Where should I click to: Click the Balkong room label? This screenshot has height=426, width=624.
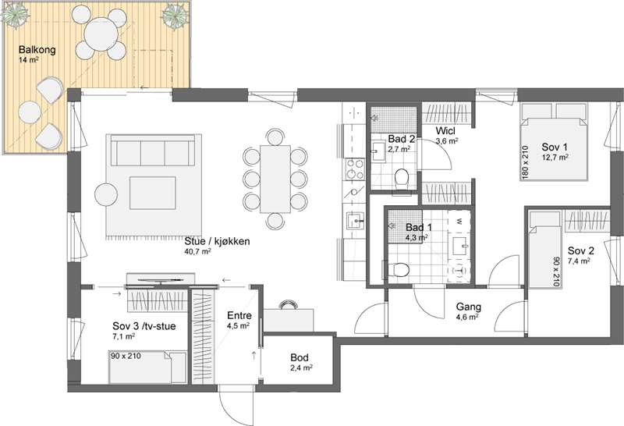[x=37, y=50]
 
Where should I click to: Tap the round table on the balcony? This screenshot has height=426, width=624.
[x=101, y=34]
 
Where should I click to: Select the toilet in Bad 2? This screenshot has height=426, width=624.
[x=402, y=178]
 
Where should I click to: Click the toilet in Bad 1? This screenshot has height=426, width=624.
[x=399, y=270]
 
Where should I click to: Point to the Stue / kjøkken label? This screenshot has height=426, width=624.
[x=217, y=241]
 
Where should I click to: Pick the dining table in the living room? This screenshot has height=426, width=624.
[x=275, y=179]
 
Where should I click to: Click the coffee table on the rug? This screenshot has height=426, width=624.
[x=152, y=193]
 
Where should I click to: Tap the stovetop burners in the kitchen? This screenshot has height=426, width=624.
[x=355, y=169]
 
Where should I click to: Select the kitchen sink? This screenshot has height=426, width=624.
[x=355, y=220]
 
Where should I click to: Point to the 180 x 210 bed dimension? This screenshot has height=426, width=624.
[x=525, y=162]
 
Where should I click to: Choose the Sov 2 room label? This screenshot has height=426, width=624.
[x=580, y=250]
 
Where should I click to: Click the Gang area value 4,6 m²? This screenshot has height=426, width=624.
[x=467, y=317]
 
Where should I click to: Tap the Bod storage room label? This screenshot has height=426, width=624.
[x=300, y=357]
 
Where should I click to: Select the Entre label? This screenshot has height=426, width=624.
[x=239, y=315]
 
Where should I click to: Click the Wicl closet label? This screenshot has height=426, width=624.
[x=445, y=130]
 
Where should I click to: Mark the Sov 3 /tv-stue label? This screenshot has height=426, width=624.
[x=144, y=326]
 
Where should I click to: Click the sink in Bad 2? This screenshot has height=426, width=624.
[x=378, y=152]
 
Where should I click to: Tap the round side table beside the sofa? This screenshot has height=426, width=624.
[x=106, y=194]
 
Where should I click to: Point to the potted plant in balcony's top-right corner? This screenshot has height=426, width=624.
[x=175, y=15]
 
